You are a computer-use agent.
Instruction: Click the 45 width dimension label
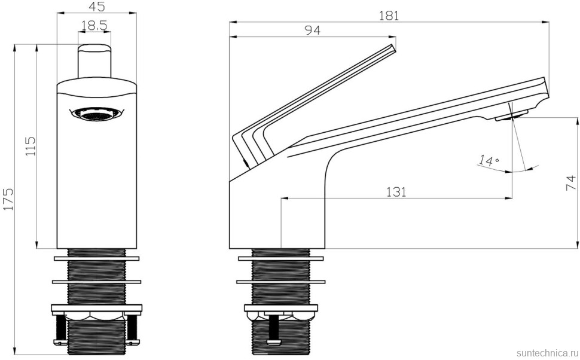pos(96,7)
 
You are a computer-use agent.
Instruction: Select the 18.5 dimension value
pos(94,26)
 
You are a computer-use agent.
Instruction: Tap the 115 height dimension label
pos(30,146)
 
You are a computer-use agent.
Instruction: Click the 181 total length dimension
pos(389,16)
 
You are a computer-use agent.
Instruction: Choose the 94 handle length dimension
pos(312,30)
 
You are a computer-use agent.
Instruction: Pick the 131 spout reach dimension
pos(396,191)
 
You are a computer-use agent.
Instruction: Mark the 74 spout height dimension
pos(571,182)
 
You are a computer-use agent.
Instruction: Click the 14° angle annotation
pos(488,161)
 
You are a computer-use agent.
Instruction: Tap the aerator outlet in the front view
pos(96,115)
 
